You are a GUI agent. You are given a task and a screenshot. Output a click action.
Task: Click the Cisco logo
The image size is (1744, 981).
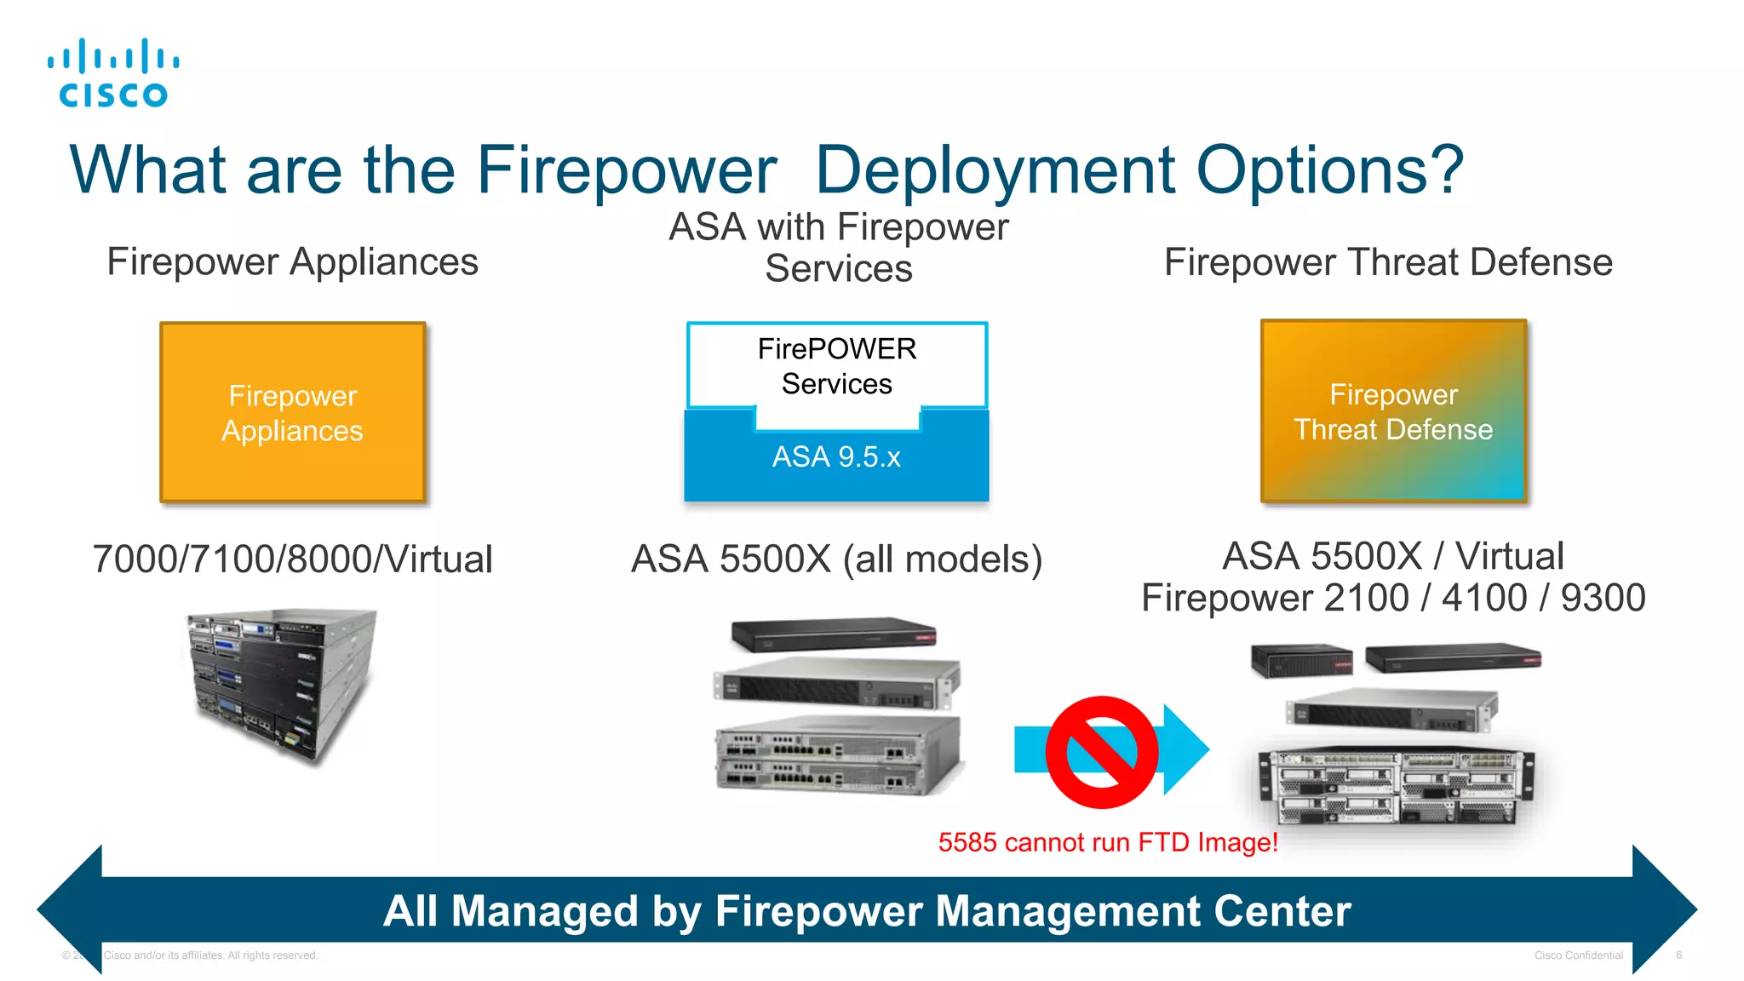coord(113,73)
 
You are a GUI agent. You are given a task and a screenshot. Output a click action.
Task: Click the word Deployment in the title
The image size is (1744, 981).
coord(995,170)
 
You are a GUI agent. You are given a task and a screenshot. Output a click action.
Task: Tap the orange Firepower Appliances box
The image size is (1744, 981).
coord(292,413)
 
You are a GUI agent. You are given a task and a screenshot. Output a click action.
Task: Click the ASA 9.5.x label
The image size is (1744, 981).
coord(836,457)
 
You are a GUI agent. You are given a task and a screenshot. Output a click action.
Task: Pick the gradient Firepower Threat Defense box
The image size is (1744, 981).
coord(1393,411)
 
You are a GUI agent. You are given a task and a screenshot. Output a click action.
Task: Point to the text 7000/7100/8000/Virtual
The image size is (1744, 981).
coord(292,559)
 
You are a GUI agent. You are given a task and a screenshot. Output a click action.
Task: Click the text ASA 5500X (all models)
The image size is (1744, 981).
coord(836,559)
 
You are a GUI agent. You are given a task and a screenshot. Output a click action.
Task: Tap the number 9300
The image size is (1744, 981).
coord(1603,598)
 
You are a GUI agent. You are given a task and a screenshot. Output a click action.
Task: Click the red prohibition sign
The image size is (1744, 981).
coord(1101,752)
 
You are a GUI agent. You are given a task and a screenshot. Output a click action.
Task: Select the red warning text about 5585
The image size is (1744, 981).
coord(1107,842)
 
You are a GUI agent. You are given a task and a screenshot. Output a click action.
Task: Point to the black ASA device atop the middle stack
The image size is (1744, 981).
coord(833,634)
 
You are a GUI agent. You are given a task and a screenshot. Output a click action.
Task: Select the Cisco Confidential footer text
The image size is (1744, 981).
coord(1578,955)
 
